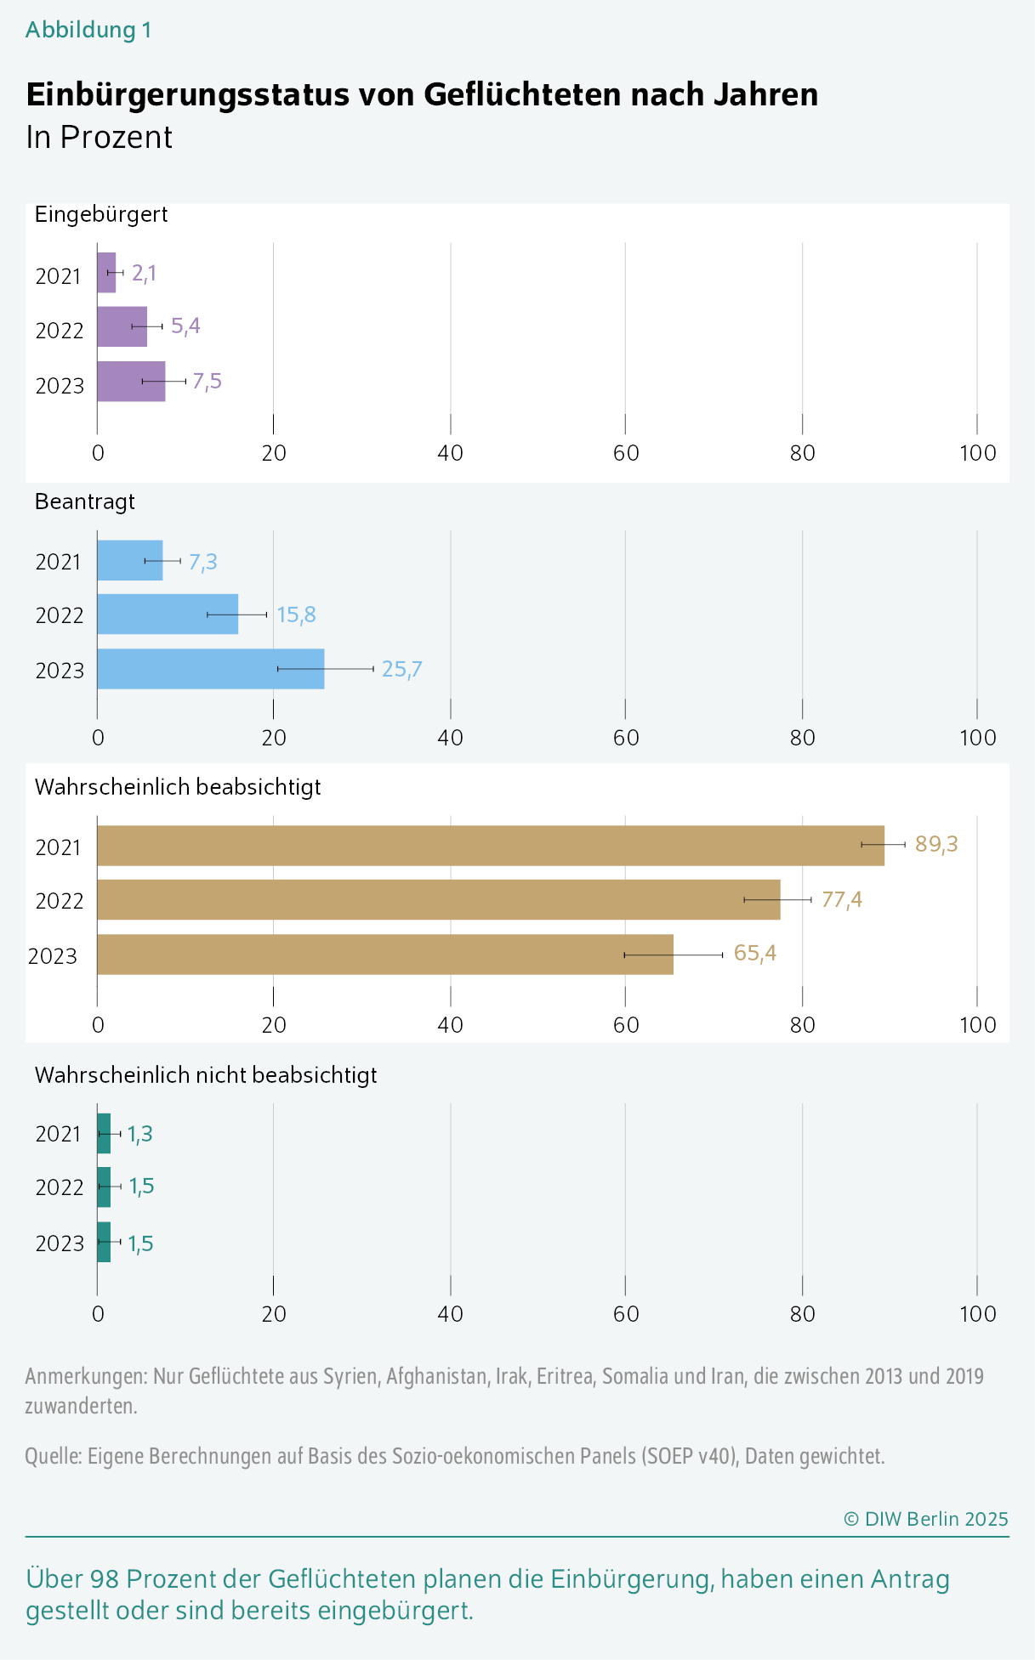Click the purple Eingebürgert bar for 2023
tap(130, 382)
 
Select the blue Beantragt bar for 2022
tap(168, 614)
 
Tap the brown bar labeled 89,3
tap(490, 845)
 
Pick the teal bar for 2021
tap(104, 1133)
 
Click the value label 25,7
tap(401, 670)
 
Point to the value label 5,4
tap(185, 326)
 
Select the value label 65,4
tap(754, 953)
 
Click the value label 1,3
tap(140, 1134)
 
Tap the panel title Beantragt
tap(84, 501)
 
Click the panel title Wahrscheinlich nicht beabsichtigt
tap(206, 1075)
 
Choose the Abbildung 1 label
tap(88, 31)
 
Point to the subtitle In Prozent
tap(99, 137)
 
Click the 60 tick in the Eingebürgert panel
tap(626, 453)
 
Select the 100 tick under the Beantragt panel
tap(977, 737)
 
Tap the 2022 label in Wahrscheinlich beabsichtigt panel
tap(60, 901)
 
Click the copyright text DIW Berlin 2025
tap(926, 1519)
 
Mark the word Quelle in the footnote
tap(53, 1456)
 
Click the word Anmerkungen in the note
tap(85, 1376)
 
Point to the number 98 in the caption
tap(104, 1579)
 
